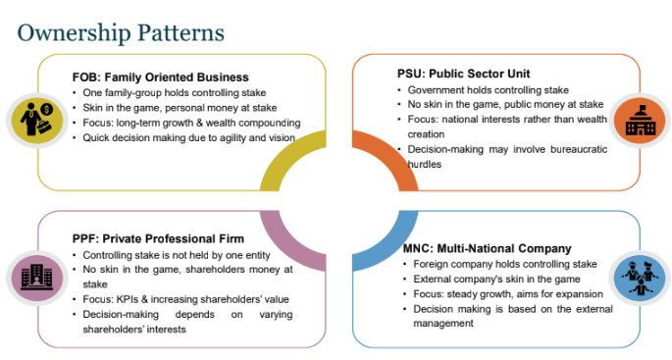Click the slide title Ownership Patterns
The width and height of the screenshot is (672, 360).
pyautogui.click(x=121, y=33)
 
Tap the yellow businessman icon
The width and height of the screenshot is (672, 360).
pyautogui.click(x=37, y=121)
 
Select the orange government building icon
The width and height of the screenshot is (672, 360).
pyautogui.click(x=641, y=120)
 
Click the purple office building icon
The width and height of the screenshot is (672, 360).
pyautogui.click(x=37, y=278)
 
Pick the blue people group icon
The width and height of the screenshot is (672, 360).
pyautogui.click(x=641, y=278)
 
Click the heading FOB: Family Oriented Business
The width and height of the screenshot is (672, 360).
pyautogui.click(x=160, y=77)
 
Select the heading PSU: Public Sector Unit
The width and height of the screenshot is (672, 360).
pyautogui.click(x=464, y=74)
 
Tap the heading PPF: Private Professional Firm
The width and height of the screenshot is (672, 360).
pyautogui.click(x=158, y=238)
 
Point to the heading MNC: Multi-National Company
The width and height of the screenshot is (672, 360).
pyautogui.click(x=488, y=248)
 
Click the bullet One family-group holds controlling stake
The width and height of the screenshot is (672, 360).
pyautogui.click(x=175, y=92)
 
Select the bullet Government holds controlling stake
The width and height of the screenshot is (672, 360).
pyautogui.click(x=489, y=90)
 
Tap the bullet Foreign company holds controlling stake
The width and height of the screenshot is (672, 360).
pyautogui.click(x=505, y=264)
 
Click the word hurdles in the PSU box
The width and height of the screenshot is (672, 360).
pyautogui.click(x=424, y=164)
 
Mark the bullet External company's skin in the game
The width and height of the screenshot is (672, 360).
pyautogui.click(x=496, y=279)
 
